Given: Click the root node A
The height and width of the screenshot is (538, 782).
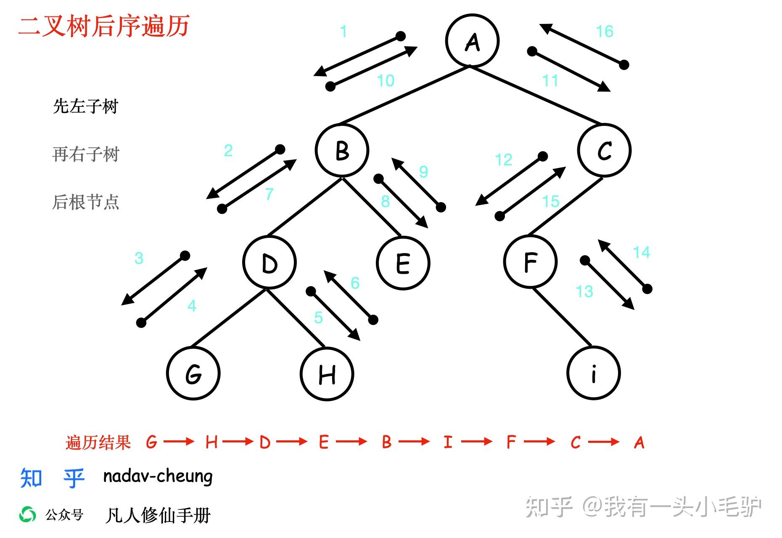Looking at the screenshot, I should (x=472, y=41).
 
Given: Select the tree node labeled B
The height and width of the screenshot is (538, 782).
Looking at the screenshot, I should (x=342, y=150).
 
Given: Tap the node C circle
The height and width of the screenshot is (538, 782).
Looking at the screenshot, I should (x=604, y=150).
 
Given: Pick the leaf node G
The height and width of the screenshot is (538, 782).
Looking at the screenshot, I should (x=193, y=373).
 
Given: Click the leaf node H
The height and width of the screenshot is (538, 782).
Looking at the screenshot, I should (x=327, y=374).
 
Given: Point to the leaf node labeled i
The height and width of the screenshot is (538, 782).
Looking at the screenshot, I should (x=593, y=373).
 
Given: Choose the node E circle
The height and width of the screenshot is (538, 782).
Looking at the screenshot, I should (x=403, y=263).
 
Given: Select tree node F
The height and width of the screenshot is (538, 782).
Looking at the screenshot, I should (x=530, y=262).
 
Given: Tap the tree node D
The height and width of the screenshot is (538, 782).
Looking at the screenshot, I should (x=269, y=263).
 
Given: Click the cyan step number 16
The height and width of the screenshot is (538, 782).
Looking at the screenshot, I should (x=605, y=31).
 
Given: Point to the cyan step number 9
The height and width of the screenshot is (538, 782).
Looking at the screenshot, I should (x=423, y=172).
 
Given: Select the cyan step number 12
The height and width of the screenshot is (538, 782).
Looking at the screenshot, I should (x=503, y=160).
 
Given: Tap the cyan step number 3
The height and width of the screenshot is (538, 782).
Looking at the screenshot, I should (x=139, y=258).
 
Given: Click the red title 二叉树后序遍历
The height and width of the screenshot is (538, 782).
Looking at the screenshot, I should (x=104, y=26).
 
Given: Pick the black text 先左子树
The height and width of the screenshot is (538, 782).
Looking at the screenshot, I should (x=86, y=106).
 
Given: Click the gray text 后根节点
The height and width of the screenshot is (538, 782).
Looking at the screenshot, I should (x=86, y=202).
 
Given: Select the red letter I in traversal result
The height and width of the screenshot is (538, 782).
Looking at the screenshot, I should (x=448, y=442).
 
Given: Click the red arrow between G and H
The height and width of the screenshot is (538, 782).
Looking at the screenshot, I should (x=179, y=442).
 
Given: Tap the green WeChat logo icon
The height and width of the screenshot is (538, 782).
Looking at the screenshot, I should (x=28, y=514).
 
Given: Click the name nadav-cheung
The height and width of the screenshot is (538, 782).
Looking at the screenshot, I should (x=158, y=476).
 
